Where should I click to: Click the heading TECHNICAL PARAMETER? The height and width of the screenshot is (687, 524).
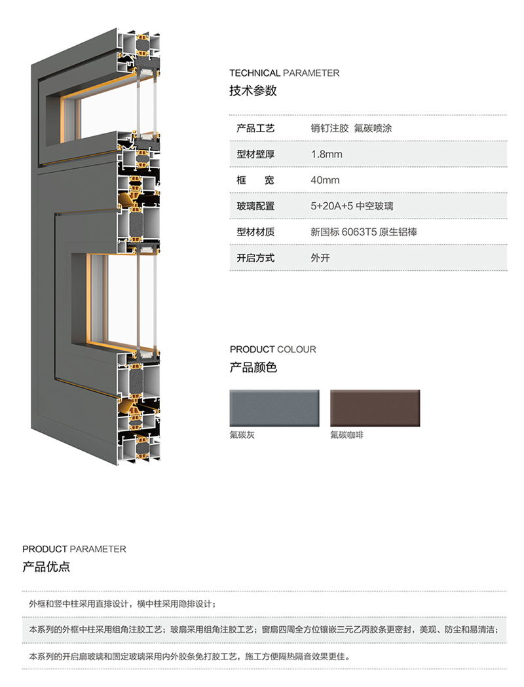(284, 73)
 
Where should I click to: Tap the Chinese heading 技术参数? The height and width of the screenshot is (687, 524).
(253, 91)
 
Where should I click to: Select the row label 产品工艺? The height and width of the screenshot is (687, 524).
(255, 128)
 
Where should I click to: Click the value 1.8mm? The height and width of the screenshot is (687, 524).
(327, 154)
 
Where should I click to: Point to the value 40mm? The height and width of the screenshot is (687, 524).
(325, 180)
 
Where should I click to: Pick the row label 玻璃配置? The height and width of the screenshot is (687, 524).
(255, 206)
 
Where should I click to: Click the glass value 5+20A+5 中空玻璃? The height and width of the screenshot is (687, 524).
(352, 206)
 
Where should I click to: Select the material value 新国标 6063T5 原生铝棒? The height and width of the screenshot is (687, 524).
(364, 232)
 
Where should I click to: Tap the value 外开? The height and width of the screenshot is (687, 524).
(320, 258)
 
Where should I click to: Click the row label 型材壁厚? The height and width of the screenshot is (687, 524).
(255, 154)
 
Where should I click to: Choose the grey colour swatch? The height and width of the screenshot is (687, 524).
(274, 408)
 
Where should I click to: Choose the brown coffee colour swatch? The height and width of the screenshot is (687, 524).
(375, 408)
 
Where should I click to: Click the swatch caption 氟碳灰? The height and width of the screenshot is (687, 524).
(242, 435)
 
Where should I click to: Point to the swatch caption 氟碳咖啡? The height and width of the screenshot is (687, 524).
(347, 435)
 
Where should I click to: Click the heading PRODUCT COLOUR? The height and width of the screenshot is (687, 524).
(272, 349)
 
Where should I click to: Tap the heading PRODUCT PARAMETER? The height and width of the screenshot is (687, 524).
(74, 550)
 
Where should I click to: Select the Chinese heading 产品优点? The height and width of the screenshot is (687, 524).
(46, 567)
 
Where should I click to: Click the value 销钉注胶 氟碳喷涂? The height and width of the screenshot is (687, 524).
(351, 128)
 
